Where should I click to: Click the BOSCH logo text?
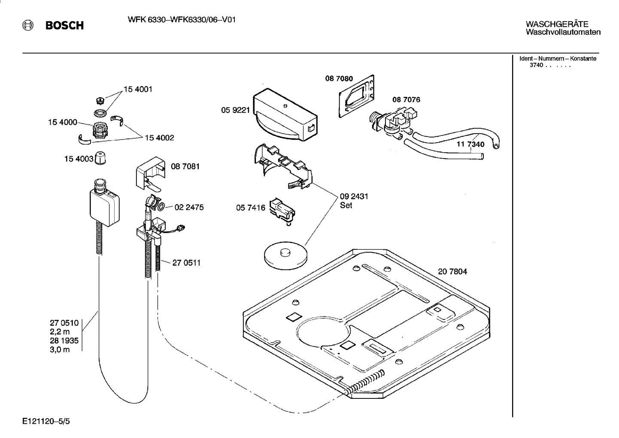pyautogui.click(x=64, y=26)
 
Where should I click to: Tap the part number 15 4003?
pyautogui.click(x=79, y=159)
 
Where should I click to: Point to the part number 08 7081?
pyautogui.click(x=185, y=166)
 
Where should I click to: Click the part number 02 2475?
pyautogui.click(x=189, y=208)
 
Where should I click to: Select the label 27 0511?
pyautogui.click(x=186, y=263)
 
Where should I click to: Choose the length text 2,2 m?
pyautogui.click(x=60, y=332)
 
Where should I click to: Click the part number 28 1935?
pyautogui.click(x=64, y=340)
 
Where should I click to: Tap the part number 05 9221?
pyautogui.click(x=235, y=110)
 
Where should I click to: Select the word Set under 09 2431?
pyautogui.click(x=346, y=205)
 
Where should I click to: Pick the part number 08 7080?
pyautogui.click(x=339, y=79)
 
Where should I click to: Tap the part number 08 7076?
pyautogui.click(x=406, y=100)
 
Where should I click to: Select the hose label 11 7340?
pyautogui.click(x=470, y=144)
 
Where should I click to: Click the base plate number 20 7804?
pyautogui.click(x=452, y=272)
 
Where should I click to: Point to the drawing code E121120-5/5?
pyautogui.click(x=46, y=422)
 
